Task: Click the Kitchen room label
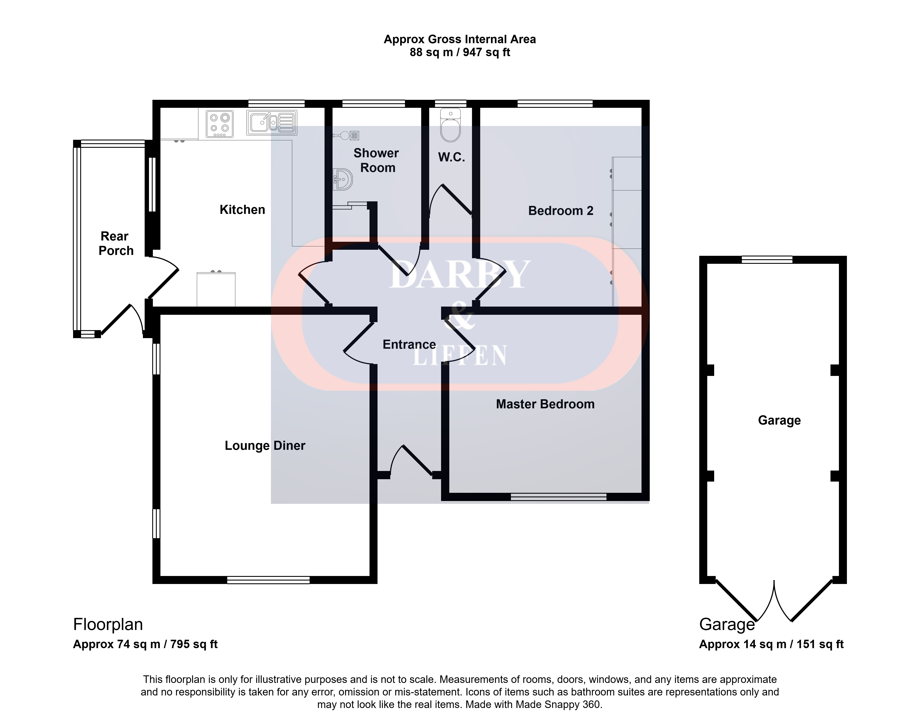click(x=242, y=209)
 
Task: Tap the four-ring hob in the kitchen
click(x=220, y=124)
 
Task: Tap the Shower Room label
click(x=376, y=161)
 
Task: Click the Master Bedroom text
click(x=545, y=404)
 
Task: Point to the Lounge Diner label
click(x=265, y=446)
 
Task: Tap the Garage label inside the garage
click(x=779, y=420)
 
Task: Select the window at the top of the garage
click(x=767, y=260)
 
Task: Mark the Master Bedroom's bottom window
click(x=558, y=497)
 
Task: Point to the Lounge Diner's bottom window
click(x=268, y=580)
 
